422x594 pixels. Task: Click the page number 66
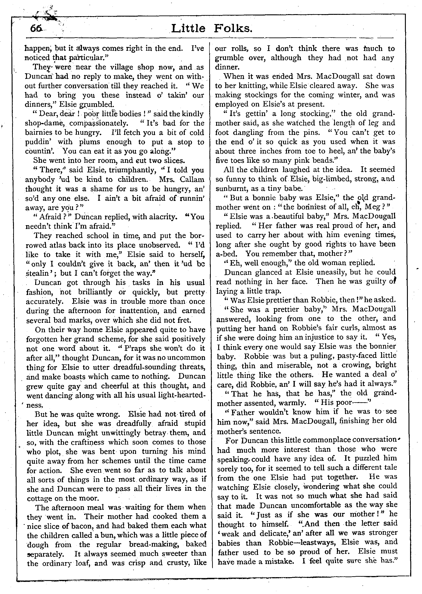click(36, 28)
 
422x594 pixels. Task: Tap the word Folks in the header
click(233, 28)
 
